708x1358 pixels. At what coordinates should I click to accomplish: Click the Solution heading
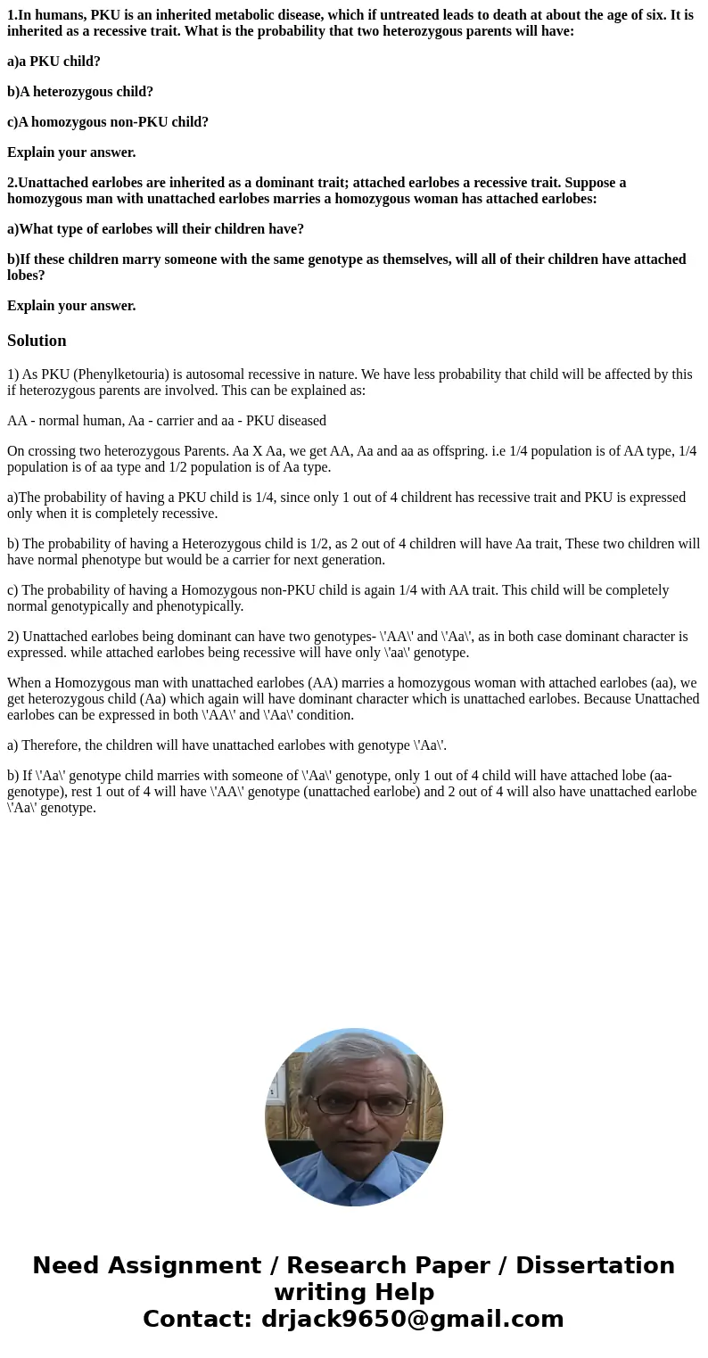[x=37, y=341]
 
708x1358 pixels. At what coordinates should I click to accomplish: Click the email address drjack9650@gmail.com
[x=412, y=1319]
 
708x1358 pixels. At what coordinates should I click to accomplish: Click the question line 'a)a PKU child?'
[x=54, y=62]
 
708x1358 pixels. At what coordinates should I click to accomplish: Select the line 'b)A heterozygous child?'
[x=80, y=92]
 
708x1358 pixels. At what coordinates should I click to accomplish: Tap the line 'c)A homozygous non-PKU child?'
[x=108, y=122]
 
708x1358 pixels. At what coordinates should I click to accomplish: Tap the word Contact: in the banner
[x=198, y=1319]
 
